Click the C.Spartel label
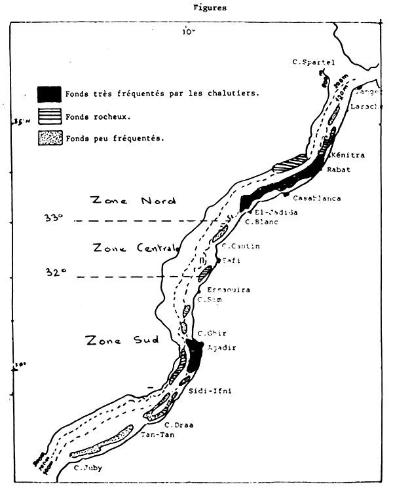(313, 62)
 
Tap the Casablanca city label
(317, 198)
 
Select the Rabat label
(339, 170)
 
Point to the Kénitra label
(348, 156)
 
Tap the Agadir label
(221, 347)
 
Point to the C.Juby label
(87, 468)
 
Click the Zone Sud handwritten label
(122, 340)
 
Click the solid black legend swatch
(50, 94)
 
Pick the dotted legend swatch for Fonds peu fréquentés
(50, 138)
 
